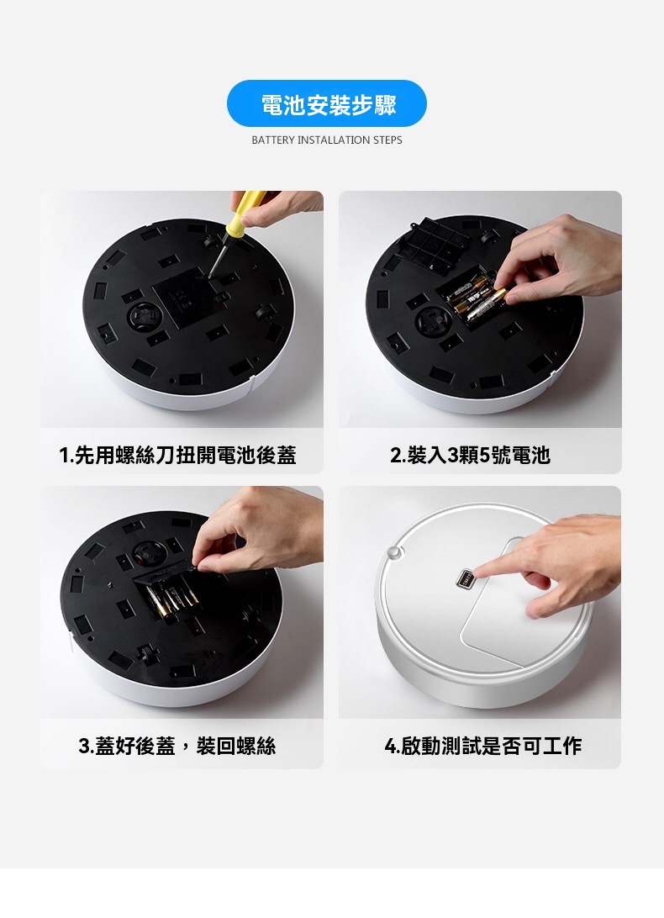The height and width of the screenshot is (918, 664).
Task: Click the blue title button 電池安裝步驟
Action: (327, 103)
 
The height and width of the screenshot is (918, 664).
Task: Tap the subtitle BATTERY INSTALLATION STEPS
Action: (327, 140)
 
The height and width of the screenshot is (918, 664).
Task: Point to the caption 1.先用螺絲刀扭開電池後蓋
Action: (178, 455)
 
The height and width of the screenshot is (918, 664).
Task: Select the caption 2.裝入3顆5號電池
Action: (470, 455)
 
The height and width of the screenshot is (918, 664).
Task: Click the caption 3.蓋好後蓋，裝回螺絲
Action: (177, 746)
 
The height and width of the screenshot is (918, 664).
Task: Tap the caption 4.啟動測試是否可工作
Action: (483, 746)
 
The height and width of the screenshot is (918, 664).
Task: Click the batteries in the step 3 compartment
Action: (170, 600)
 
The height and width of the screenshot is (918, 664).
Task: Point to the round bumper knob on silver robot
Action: (394, 551)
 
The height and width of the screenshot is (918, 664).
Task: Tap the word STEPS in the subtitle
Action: (387, 140)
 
